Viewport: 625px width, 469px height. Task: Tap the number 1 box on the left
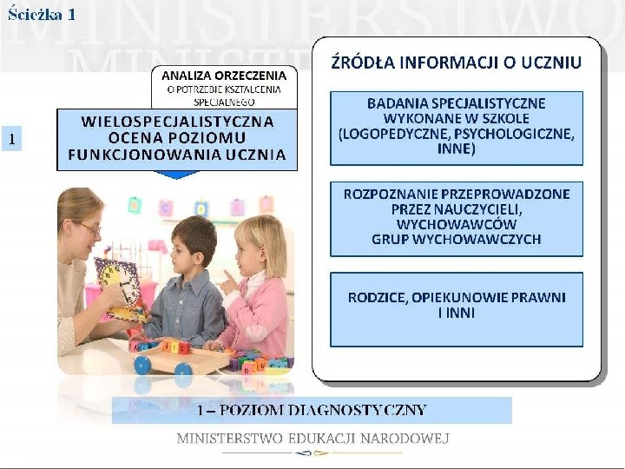pyautogui.click(x=11, y=138)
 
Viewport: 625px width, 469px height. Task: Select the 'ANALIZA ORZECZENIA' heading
pyautogui.click(x=224, y=74)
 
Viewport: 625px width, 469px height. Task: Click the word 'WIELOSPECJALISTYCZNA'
pyautogui.click(x=177, y=121)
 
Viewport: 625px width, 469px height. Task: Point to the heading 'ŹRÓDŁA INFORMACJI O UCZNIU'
pyautogui.click(x=456, y=63)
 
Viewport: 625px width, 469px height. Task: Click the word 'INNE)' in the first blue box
pyautogui.click(x=456, y=149)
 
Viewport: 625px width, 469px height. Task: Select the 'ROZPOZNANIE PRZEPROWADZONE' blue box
pyautogui.click(x=456, y=217)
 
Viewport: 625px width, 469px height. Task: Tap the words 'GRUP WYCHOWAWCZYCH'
pyautogui.click(x=456, y=240)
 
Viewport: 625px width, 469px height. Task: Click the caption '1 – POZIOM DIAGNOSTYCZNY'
pyautogui.click(x=312, y=410)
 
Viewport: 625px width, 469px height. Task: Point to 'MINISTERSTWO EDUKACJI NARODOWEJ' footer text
pyautogui.click(x=312, y=439)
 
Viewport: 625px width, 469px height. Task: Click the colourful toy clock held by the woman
pyautogui.click(x=120, y=287)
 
